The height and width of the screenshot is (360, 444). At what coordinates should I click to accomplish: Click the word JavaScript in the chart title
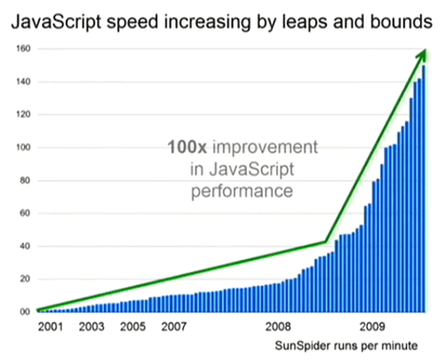coord(56,22)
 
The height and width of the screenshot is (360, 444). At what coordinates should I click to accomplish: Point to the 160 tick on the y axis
coord(24,49)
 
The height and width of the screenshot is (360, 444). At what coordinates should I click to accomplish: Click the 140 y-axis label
coord(24,82)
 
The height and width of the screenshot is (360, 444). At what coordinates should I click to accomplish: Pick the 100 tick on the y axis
coord(24,148)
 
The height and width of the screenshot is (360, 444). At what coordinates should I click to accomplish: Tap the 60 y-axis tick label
coord(25,213)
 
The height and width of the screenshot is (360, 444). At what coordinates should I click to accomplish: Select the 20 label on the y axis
coord(25,279)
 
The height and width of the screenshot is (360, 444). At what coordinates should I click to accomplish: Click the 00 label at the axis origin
coord(25,311)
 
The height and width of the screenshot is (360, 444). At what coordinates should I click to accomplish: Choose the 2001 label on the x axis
coord(50,327)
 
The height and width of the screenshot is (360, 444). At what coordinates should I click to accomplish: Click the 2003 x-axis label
coord(91,327)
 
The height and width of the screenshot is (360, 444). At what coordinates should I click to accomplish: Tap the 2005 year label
coord(132,327)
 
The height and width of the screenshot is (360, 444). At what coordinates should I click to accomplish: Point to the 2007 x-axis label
coord(173,327)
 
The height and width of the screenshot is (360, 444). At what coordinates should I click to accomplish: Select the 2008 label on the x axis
coord(278,327)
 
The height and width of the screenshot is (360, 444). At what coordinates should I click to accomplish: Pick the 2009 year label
coord(373,327)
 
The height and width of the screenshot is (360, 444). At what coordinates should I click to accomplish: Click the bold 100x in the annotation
coord(188,148)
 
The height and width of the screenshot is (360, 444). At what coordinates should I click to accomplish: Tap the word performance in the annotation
coord(242,191)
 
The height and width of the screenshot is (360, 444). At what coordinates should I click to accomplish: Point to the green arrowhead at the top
coord(422,55)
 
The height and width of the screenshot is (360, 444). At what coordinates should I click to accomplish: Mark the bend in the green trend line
coord(326,242)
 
